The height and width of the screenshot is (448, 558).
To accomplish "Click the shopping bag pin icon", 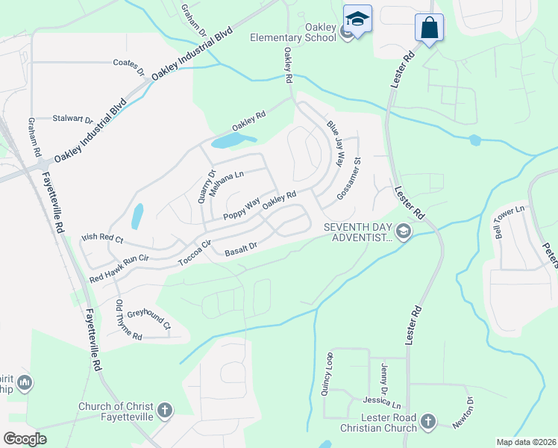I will pyautogui.click(x=429, y=28).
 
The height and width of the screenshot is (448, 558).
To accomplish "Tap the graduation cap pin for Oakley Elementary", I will pyautogui.click(x=357, y=19).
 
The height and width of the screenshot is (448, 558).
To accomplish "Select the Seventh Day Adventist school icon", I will pyautogui.click(x=404, y=231).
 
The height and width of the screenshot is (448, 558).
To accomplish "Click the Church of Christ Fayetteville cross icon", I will pyautogui.click(x=164, y=410).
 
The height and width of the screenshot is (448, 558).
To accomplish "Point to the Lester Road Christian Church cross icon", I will pyautogui.click(x=428, y=421).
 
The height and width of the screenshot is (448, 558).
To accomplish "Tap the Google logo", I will pyautogui.click(x=25, y=439).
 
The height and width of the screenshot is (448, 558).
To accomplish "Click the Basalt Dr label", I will pyautogui.click(x=241, y=248).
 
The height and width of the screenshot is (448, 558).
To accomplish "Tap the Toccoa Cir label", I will pyautogui.click(x=195, y=252).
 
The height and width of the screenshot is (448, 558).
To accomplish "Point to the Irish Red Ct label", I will pyautogui.click(x=101, y=239).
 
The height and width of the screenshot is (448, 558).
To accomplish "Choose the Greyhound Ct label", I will pyautogui.click(x=149, y=320).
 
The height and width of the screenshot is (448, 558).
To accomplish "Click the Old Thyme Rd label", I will pyautogui.click(x=128, y=320).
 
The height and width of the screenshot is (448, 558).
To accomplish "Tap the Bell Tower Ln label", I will pyautogui.click(x=509, y=217).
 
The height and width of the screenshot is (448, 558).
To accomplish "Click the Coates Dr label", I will pyautogui.click(x=128, y=67).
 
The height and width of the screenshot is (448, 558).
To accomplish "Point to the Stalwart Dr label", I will pyautogui.click(x=72, y=119).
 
